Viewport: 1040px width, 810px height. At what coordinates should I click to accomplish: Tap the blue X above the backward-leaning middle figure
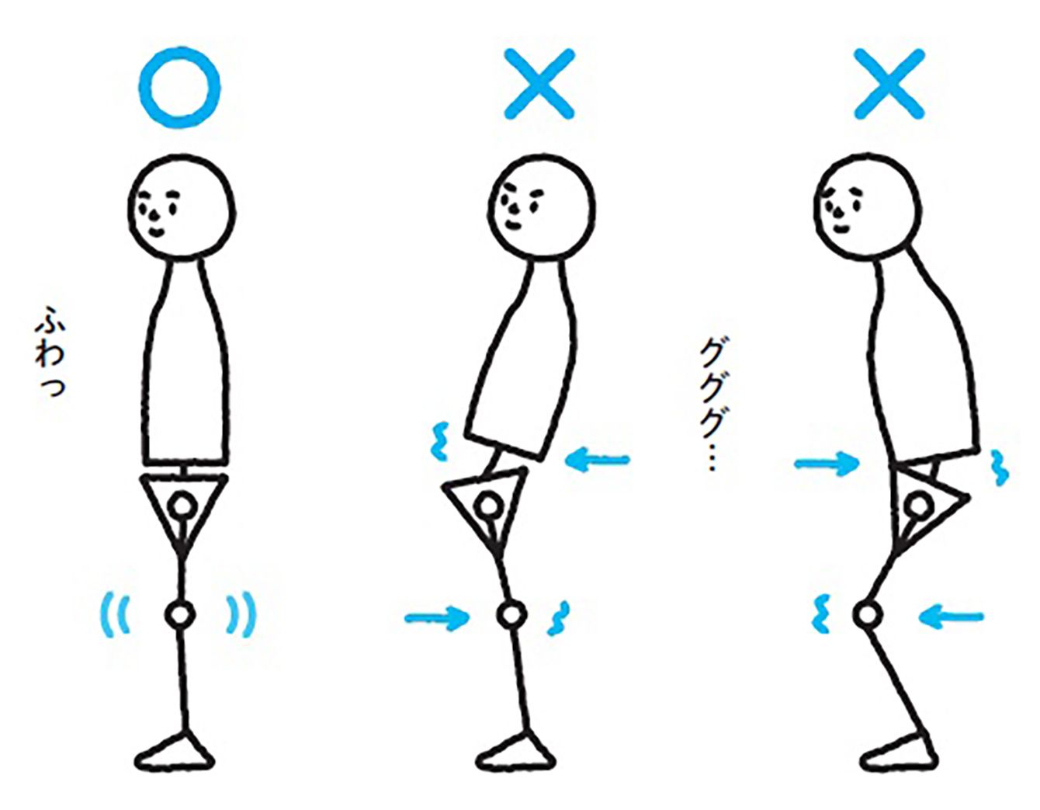tap(539, 84)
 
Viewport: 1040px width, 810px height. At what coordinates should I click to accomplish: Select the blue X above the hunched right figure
tap(889, 84)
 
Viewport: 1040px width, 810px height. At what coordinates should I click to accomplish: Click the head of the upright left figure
tap(182, 207)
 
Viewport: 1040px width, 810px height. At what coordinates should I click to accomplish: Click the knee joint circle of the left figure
tap(179, 614)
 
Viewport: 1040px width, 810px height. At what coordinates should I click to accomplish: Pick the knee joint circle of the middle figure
tap(511, 614)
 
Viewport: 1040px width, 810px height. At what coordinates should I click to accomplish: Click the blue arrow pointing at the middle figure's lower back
tap(598, 461)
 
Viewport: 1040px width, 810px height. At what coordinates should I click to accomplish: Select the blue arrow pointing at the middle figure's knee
tap(437, 618)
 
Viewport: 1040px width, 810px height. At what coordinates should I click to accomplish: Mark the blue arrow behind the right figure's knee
tap(951, 617)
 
